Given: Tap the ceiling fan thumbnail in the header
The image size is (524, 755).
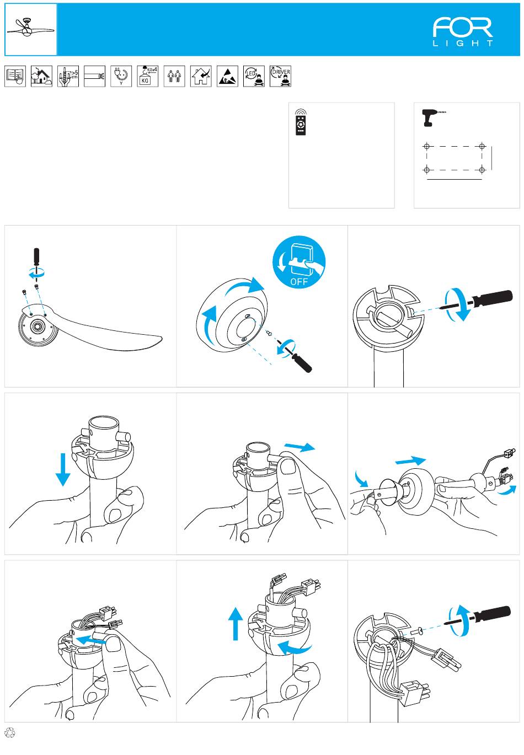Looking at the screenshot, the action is click(x=31, y=29).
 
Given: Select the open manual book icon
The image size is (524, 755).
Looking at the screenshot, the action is click(x=15, y=76).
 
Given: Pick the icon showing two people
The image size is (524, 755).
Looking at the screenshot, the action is click(x=174, y=76).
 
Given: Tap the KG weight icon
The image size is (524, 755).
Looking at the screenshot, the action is click(x=147, y=76).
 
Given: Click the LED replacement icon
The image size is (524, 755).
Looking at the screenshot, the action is click(x=254, y=76).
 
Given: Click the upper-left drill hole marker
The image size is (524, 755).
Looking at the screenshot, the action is click(x=426, y=147).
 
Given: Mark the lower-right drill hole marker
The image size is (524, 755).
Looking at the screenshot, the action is click(x=482, y=169).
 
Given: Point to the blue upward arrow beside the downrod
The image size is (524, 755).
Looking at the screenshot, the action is click(x=236, y=623).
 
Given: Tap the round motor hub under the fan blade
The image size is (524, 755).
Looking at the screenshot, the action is click(x=38, y=327).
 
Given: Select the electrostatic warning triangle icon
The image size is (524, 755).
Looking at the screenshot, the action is click(x=227, y=76).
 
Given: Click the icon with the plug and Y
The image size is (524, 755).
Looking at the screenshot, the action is click(x=121, y=76).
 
